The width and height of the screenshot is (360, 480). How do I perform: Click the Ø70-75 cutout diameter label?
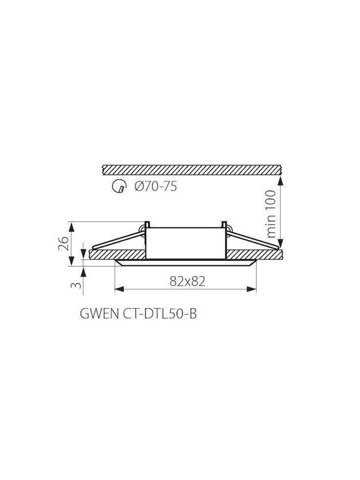155,187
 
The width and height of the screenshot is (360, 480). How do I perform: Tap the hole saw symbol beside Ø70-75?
119,187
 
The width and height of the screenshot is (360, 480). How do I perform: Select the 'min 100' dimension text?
271,214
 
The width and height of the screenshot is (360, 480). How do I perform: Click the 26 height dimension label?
63,244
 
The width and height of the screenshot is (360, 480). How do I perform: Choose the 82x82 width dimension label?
187,281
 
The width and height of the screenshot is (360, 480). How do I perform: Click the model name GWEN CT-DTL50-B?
138,313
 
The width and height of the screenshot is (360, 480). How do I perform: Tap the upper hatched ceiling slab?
192,170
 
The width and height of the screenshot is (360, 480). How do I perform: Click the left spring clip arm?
118,241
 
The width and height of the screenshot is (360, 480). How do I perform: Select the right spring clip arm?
253,239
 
